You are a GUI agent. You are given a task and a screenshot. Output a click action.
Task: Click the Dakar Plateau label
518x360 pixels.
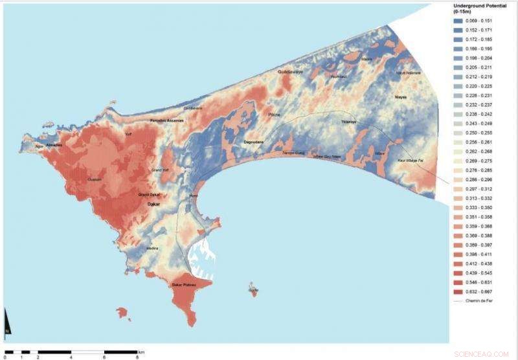click(x=183, y=285)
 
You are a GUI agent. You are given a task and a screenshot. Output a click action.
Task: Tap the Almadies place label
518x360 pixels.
click(x=54, y=145)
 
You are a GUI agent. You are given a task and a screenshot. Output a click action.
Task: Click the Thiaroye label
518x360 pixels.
click(x=349, y=121)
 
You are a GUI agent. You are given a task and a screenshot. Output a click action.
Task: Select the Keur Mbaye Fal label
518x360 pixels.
click(x=411, y=159)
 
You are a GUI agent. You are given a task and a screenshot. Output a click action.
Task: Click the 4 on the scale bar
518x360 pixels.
click(x=71, y=357)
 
